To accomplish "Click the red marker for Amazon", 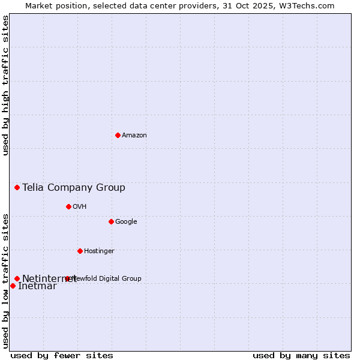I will tap(118, 135).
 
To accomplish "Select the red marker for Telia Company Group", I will tap(17, 188).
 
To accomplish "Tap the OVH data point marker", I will tap(68, 206).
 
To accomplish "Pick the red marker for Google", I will tap(111, 221).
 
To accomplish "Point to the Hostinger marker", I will tap(80, 251).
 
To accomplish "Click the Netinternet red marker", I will tap(17, 278).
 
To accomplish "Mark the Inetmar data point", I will tap(13, 286).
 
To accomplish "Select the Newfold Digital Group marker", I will tap(67, 278).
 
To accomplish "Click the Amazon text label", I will tap(134, 135).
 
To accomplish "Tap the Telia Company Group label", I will tap(74, 188).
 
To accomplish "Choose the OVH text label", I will tap(80, 206).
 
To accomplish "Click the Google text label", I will tap(126, 221).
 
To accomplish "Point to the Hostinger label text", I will tap(99, 251).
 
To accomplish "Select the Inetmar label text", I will tap(37, 286).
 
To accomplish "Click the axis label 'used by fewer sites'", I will tap(62, 355).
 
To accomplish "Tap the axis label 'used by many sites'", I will tap(301, 355).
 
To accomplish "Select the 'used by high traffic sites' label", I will tap(5, 85).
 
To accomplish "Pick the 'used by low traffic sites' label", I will tap(5, 280).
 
